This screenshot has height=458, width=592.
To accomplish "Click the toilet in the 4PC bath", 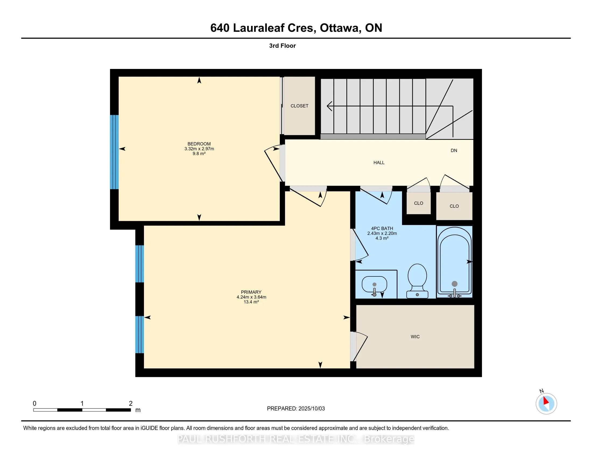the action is point(417,281).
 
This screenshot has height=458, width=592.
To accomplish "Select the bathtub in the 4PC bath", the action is point(454,262).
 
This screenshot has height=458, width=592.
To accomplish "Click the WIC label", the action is point(415,337).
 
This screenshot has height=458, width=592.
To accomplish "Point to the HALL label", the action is point(379,162).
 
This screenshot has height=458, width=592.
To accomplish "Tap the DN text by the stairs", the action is point(454,150).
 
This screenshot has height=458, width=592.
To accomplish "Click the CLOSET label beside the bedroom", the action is point(299,106).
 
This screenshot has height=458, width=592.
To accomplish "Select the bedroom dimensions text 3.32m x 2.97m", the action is point(199,149).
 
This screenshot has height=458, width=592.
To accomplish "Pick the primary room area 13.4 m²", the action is point(251,302).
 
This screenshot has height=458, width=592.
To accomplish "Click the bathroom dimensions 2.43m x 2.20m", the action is point(382,233).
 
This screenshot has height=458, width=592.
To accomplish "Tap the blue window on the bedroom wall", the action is point(114,152).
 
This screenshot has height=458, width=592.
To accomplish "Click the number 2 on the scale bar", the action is point(131,404).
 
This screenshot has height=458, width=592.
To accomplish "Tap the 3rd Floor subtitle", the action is point(282,46).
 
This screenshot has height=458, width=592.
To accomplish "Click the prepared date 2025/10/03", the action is point(311,409).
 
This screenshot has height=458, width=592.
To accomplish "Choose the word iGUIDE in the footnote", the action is point(149,428).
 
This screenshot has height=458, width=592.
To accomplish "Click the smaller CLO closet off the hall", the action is point(418,203).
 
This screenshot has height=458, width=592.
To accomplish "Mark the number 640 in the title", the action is point(220,28).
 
